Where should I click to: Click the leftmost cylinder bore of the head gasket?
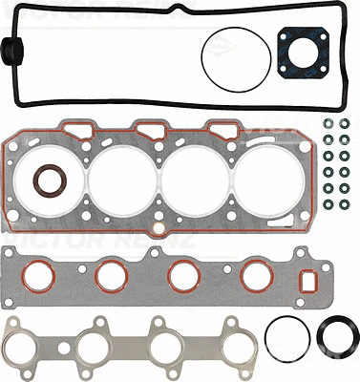114,178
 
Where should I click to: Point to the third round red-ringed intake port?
183,276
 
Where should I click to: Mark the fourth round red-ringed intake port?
255,276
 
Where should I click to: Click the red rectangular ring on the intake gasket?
309,283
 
